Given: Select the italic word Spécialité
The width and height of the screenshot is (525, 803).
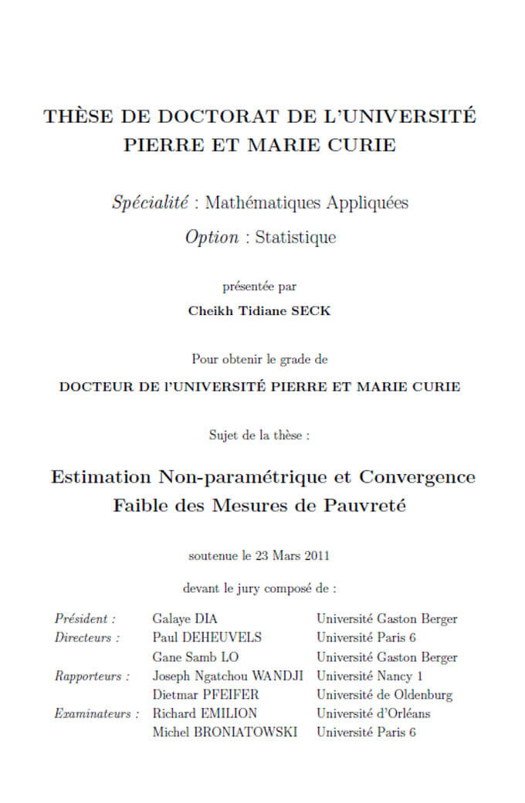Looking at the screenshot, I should coord(151,203).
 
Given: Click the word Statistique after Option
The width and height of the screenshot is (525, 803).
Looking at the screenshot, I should coord(296,237).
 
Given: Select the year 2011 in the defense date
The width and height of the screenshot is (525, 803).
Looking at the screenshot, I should coord(318,556).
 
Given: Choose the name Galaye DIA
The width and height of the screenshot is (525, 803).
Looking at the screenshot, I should coord(185,618).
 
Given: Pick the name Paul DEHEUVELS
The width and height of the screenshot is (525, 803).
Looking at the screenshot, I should coord(207,638).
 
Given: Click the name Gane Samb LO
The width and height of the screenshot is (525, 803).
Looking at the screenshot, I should coord(195,657).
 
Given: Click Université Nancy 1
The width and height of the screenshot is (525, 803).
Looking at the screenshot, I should coord(370,676).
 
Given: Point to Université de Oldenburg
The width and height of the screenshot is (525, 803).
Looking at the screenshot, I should coord(384,695).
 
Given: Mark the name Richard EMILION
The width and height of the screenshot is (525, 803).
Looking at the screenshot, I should coord(205,713).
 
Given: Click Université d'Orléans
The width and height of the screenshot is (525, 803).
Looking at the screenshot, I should coord(374,713).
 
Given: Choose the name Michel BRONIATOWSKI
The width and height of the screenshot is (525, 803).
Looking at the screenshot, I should coord(225,732).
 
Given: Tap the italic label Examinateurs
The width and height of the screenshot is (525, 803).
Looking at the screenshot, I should coord(97,713).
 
